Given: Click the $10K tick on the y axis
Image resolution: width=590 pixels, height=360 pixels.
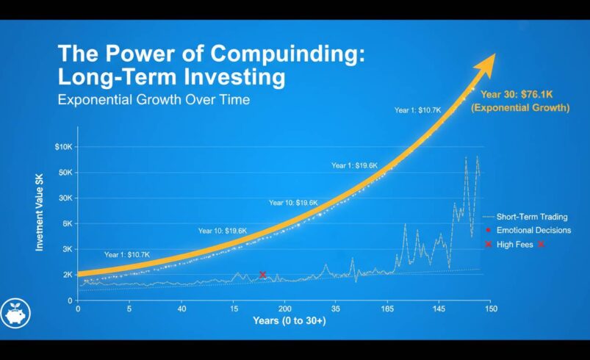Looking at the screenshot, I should (63, 147).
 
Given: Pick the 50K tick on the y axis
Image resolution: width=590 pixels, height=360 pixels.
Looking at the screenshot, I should (65, 173).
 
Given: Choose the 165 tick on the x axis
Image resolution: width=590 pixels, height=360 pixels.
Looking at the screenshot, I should (387, 309).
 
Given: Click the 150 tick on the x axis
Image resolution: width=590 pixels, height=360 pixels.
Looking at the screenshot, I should (491, 309).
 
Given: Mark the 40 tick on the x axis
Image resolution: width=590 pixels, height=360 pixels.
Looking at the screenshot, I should (181, 309).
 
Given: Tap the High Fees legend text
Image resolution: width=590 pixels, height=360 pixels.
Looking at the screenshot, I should (515, 245).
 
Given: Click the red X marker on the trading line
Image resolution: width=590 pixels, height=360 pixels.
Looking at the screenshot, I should (262, 275).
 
